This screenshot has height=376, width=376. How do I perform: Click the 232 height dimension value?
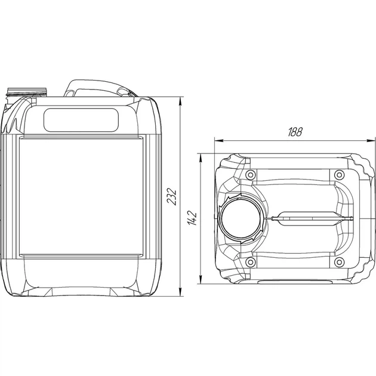point(172,197)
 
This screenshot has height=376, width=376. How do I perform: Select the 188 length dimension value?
point(295,132)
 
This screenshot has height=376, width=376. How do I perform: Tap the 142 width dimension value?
point(192,218)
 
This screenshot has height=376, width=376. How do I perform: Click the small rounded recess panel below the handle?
point(81,120)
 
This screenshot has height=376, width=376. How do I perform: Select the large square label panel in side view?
point(82,196)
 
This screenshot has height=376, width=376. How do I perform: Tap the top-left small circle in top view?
point(250,174)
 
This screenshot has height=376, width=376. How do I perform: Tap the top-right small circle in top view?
point(339,174)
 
